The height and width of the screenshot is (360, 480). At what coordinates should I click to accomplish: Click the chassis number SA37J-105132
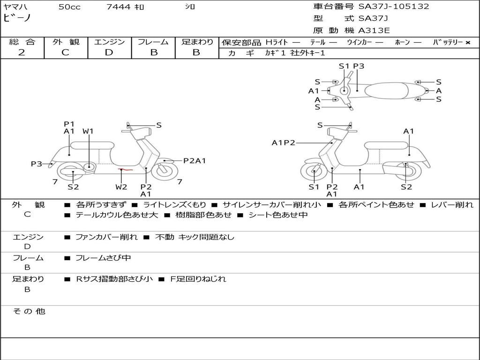[x=394, y=7]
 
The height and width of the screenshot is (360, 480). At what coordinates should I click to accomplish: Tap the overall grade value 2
[x=22, y=52]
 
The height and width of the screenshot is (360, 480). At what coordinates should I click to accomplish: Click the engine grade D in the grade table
[x=109, y=52]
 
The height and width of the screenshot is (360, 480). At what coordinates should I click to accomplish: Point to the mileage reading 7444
[x=119, y=7]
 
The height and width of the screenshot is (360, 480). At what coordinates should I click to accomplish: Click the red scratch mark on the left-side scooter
[x=126, y=169]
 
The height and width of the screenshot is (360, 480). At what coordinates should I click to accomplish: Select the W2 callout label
[x=121, y=187]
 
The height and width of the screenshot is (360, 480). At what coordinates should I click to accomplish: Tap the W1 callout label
[x=88, y=131]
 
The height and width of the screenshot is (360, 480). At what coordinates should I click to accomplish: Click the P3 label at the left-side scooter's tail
[x=37, y=164]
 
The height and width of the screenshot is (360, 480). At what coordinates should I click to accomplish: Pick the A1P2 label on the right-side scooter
[x=284, y=142]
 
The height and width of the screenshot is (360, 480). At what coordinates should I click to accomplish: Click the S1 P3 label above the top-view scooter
[x=352, y=66]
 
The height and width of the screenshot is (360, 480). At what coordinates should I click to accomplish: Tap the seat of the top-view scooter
[x=386, y=90]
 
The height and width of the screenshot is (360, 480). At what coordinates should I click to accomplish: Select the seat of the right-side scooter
[x=386, y=146]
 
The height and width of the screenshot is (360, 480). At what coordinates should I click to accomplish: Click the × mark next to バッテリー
[x=468, y=43]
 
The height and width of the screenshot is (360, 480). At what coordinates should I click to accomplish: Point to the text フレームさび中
[x=103, y=258]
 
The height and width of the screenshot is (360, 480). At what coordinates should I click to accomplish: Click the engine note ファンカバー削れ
[x=106, y=237]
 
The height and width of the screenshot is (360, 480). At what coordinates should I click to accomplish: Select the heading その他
[x=29, y=311]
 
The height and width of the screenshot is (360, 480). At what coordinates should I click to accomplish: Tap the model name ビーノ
[x=17, y=18]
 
